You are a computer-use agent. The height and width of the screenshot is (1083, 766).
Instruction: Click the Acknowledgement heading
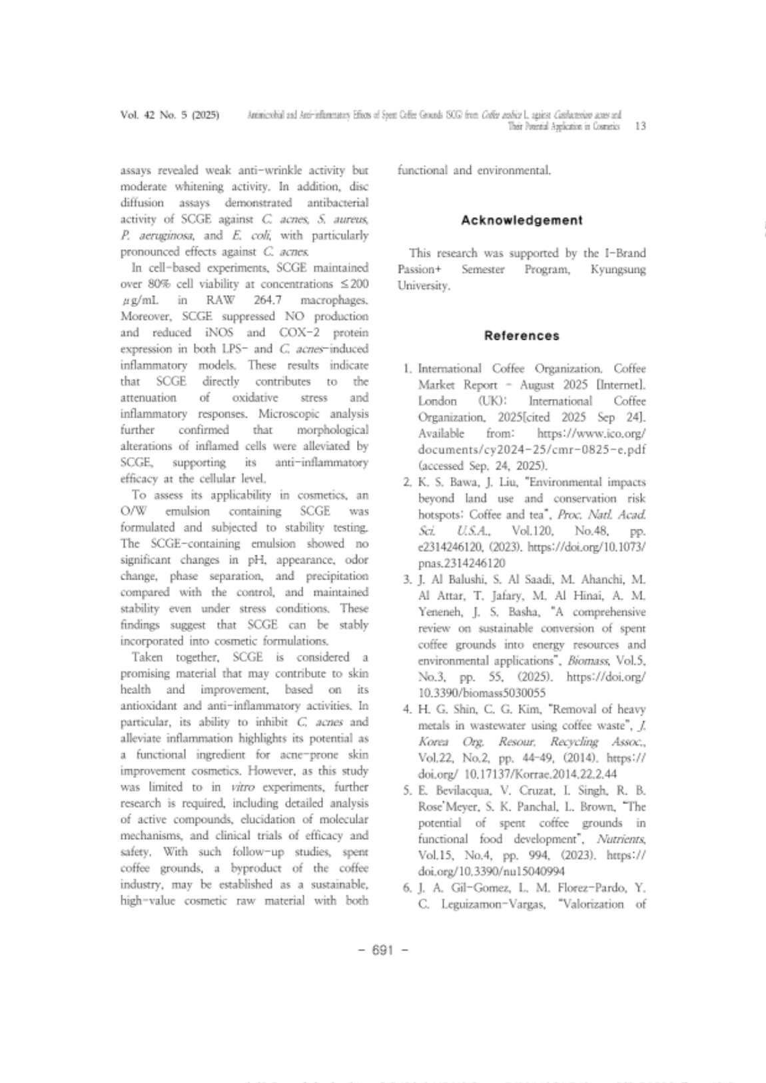click(522, 220)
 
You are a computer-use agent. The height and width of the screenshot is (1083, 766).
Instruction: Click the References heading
click(522, 336)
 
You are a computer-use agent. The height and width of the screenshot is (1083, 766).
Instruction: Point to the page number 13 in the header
click(641, 126)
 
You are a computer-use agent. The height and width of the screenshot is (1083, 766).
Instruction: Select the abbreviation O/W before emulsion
click(133, 512)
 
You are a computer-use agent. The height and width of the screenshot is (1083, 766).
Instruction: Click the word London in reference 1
click(437, 401)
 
